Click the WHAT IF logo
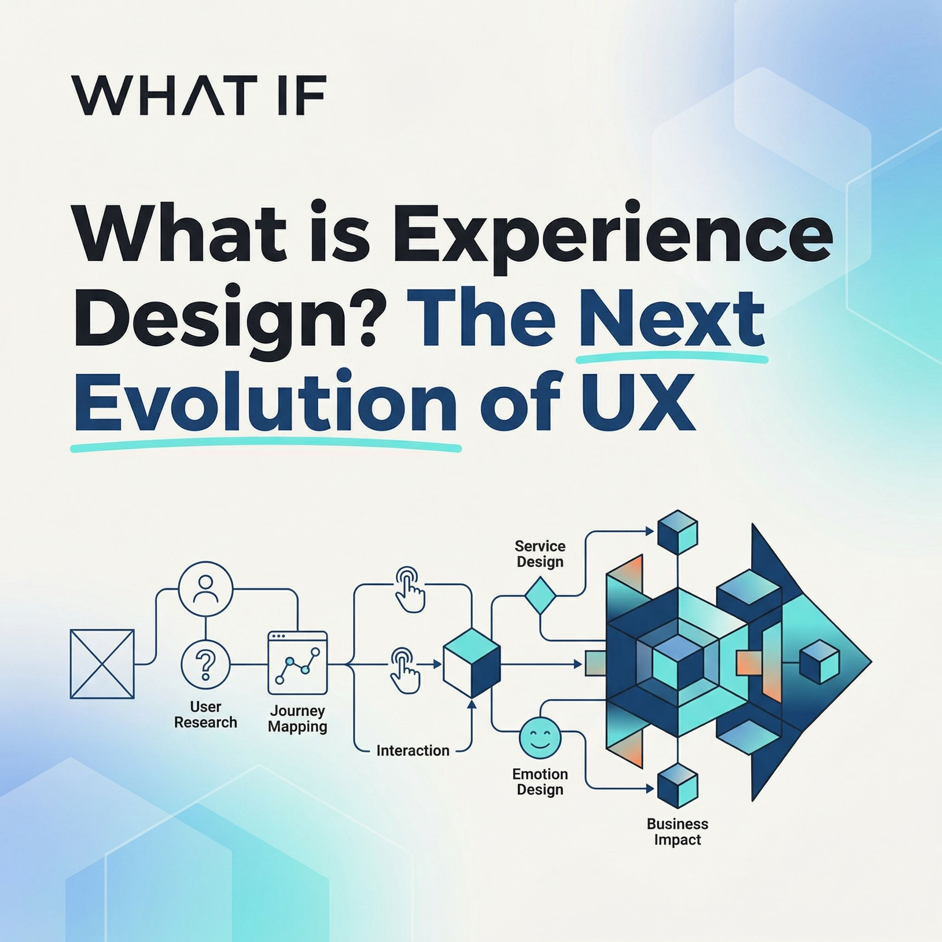[x=199, y=95]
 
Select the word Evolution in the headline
[x=266, y=401]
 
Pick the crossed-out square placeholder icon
[x=102, y=664]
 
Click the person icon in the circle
[x=206, y=588]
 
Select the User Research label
[x=206, y=714]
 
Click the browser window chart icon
[x=298, y=663]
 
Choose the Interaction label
[x=413, y=750]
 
